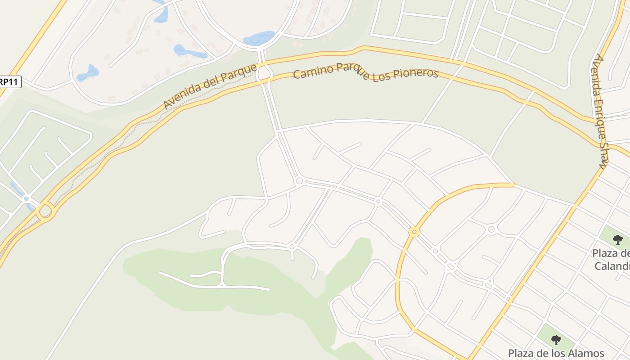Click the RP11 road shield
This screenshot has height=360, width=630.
click(x=10, y=82)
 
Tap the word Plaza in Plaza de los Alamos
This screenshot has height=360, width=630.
click(x=522, y=353)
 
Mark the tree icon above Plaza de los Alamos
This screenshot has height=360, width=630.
click(x=556, y=340)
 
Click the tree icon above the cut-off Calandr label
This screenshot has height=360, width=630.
click(x=618, y=239)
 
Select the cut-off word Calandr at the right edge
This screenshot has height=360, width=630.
click(x=612, y=266)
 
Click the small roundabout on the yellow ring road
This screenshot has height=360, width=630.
click(x=414, y=232)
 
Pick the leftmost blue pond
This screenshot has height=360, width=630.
click(x=87, y=73)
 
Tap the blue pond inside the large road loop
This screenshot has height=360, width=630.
click(x=259, y=38)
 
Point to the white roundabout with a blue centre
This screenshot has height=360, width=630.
click(x=26, y=198)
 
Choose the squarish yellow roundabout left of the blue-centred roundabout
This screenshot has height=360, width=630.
click(x=45, y=210)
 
